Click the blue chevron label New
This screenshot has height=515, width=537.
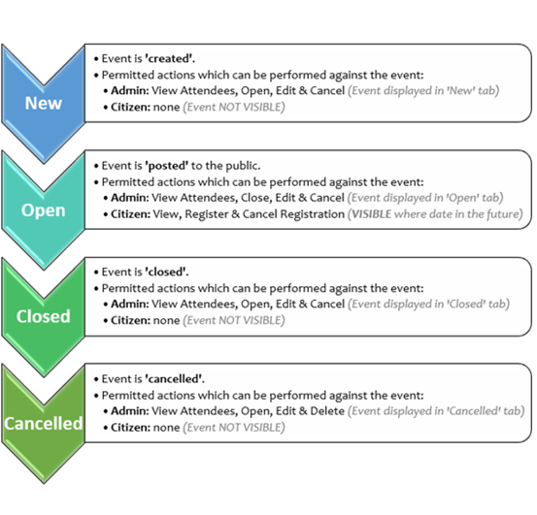tap(43, 103)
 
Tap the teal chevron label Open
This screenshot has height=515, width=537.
tap(43, 210)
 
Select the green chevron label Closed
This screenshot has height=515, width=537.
tap(43, 316)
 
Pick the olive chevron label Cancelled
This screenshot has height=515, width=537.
tap(43, 424)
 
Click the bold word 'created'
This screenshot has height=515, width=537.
tap(170, 58)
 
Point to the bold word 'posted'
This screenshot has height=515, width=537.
tap(167, 166)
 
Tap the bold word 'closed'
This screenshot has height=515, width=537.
tap(167, 272)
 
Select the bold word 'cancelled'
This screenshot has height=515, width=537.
tap(175, 379)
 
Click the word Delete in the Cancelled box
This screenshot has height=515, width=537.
tap(327, 410)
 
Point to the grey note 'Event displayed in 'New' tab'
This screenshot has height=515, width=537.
tap(423, 90)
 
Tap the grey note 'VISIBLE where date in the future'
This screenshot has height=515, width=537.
tap(435, 214)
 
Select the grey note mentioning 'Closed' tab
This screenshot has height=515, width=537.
tap(428, 304)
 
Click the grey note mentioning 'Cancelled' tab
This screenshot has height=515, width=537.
tap(436, 410)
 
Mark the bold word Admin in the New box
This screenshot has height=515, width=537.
tap(130, 90)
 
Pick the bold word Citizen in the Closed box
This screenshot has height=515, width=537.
tap(130, 320)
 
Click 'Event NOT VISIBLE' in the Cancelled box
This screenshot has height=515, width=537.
tap(234, 428)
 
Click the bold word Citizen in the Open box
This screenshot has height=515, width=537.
tap(130, 214)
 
